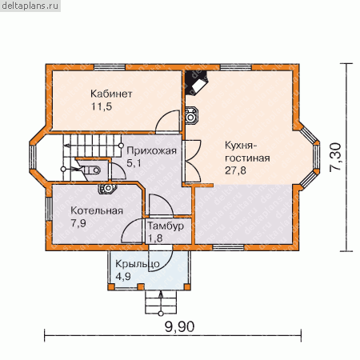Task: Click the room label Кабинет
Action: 111,94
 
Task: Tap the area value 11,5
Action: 102,106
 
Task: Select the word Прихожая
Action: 151,150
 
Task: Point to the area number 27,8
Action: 235,170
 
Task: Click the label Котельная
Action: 97,210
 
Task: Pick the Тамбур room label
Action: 166,226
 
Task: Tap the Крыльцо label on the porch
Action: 138,264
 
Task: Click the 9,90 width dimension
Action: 179,326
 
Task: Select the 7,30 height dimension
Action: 335,158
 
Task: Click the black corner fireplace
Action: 195,82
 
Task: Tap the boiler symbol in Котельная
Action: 107,189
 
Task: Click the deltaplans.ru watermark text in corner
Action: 30,6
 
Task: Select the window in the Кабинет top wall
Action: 110,67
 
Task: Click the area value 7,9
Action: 78,223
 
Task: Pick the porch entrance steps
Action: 161,302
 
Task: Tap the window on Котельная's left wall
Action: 49,209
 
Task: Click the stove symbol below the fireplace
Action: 191,115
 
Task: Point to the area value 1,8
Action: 155,238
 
